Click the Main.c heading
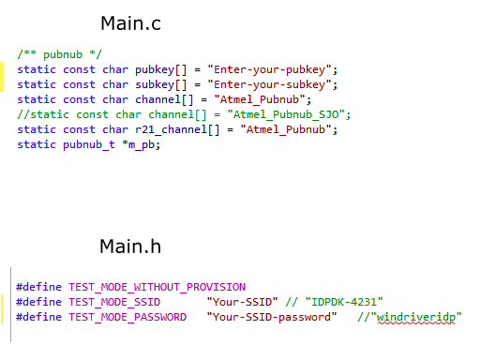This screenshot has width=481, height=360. (130, 23)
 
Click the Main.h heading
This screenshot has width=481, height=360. (130, 247)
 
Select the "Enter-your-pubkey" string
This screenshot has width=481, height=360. (269, 69)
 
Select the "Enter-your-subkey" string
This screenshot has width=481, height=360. (269, 84)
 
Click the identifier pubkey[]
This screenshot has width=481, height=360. (160, 70)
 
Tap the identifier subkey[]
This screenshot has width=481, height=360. (160, 85)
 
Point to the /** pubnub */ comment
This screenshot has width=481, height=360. (59, 54)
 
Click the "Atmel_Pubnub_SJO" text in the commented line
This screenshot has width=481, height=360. (286, 114)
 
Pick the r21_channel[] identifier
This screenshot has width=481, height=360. (177, 129)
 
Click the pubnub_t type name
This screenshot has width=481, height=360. (89, 144)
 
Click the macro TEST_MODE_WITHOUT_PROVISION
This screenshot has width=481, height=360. (158, 287)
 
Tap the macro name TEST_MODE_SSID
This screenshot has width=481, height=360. (114, 302)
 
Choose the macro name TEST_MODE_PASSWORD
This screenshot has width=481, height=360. (128, 317)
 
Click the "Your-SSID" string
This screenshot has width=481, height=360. (242, 302)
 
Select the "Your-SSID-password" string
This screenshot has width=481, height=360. (272, 317)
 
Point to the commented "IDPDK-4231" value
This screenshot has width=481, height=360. (344, 302)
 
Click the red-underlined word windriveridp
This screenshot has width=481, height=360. (416, 318)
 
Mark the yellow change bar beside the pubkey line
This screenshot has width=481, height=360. (2, 77)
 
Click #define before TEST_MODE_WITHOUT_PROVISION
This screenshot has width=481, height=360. (38, 287)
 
